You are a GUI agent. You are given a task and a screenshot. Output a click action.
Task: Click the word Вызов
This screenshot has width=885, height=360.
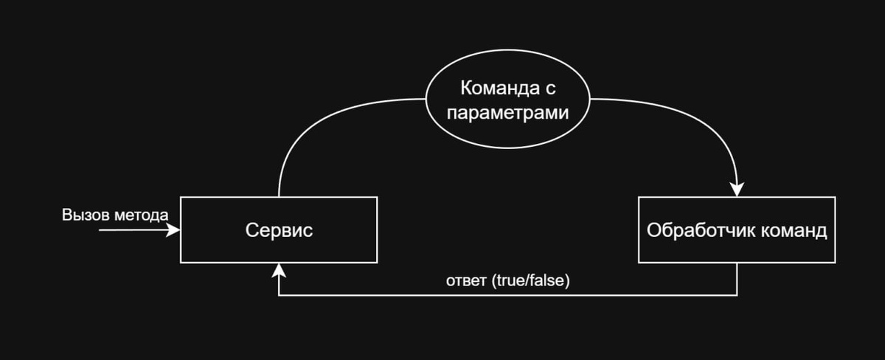(84, 215)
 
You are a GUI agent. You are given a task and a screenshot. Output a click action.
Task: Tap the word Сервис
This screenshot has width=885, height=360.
(279, 230)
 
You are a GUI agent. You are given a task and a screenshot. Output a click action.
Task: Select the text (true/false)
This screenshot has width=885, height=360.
(530, 281)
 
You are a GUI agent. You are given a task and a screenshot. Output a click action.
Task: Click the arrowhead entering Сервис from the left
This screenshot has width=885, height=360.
(174, 230)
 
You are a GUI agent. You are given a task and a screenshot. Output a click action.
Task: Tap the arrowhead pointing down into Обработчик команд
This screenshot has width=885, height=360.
(737, 190)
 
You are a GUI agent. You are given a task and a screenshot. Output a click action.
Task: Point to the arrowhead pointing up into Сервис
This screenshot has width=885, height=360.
(279, 270)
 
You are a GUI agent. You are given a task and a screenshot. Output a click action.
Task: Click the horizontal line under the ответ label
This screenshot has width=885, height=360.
(509, 295)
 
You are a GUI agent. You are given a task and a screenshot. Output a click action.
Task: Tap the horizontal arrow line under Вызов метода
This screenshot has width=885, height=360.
(133, 230)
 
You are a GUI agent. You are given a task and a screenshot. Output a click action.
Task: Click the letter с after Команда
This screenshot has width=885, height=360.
(552, 90)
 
